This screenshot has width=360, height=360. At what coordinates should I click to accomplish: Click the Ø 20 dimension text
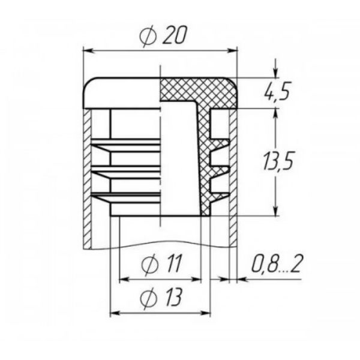coord(163,36)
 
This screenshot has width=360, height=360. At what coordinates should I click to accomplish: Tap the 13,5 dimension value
coord(278,160)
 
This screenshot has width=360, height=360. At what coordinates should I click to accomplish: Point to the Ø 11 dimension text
coord(161,264)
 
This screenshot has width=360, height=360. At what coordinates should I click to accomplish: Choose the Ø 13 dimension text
coord(161,298)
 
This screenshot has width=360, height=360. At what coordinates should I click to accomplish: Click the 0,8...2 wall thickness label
coord(277,263)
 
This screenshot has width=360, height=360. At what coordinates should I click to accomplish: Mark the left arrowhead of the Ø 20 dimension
coord(88,51)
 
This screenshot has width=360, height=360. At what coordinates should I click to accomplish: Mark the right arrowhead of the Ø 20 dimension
coord(232,51)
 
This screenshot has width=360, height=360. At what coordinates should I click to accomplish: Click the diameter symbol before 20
coord(148,37)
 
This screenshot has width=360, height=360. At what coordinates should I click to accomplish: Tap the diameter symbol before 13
coord(149,298)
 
